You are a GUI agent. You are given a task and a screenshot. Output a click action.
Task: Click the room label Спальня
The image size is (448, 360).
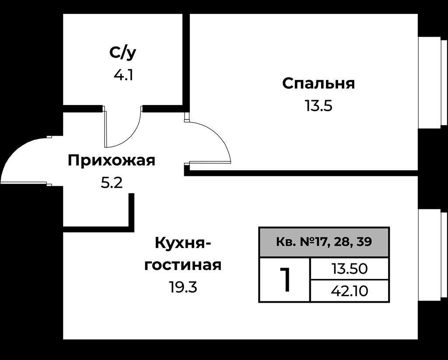(318, 84)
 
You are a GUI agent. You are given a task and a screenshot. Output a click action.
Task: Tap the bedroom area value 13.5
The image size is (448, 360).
(318, 106)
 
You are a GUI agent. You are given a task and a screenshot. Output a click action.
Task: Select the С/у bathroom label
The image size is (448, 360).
(123, 53)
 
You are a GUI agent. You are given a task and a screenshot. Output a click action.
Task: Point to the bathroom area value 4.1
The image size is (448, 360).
(123, 75)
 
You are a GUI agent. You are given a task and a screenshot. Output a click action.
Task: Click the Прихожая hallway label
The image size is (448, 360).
(112, 161)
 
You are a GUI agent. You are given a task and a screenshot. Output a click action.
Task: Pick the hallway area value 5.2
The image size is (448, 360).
(112, 183)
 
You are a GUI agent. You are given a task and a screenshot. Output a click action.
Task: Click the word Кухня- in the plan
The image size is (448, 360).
(183, 244)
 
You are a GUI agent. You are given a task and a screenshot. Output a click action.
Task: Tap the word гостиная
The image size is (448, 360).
(183, 265)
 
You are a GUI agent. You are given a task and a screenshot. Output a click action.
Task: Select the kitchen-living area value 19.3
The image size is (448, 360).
(183, 287)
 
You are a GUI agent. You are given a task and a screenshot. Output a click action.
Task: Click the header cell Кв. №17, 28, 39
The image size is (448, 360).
(324, 242)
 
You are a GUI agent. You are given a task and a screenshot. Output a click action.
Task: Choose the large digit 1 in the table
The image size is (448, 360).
(285, 280)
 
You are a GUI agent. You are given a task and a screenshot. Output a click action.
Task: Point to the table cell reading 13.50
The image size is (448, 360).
(349, 269)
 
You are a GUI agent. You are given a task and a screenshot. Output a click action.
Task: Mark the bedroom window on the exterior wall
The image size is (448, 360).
(433, 82)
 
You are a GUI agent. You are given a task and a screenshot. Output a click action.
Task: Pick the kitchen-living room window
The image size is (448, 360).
(433, 255)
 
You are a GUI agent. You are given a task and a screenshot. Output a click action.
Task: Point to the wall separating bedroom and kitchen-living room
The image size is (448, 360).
(301, 173)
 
